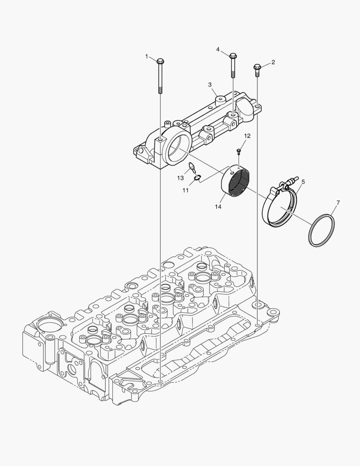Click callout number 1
[147, 56]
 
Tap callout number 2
[273, 62]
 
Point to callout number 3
[210, 85]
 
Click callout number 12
[247, 136]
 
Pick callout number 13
[181, 178]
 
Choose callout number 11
[186, 191]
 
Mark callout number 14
[218, 207]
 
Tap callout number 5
[303, 181]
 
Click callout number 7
[338, 203]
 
